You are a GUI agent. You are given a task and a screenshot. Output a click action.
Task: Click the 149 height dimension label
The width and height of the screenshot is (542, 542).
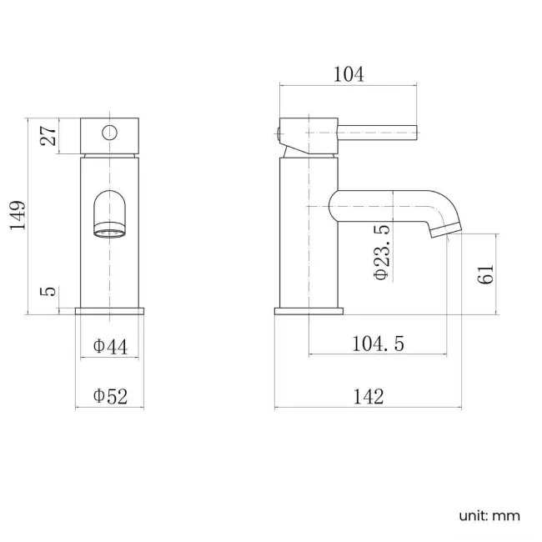(x=18, y=215)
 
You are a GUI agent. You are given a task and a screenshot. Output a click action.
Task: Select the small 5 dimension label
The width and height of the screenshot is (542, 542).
(x=48, y=292)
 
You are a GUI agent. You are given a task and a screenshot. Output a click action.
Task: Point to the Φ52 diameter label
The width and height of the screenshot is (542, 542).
(x=110, y=397)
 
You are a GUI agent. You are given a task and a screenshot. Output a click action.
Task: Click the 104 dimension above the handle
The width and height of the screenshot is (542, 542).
(x=348, y=74)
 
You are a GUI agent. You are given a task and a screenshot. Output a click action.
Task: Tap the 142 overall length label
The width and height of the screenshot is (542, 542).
(x=368, y=397)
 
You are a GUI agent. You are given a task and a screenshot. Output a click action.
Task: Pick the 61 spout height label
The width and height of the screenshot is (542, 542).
(x=487, y=273)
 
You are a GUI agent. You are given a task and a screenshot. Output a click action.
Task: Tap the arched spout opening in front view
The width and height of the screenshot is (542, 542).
(x=110, y=213)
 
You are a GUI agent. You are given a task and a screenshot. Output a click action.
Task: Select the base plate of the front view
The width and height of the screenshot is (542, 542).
(x=110, y=311)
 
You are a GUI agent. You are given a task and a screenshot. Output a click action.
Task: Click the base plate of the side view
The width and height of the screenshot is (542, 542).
(x=309, y=311)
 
